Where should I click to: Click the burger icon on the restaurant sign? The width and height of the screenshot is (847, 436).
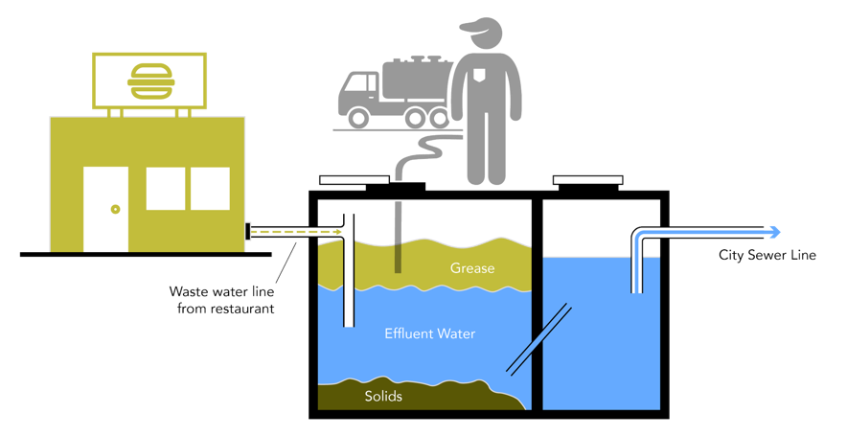[147, 79]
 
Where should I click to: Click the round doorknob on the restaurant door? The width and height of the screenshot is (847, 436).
[114, 208]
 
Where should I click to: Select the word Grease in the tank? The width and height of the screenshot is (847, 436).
[472, 268]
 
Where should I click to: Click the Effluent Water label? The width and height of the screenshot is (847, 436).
[429, 334]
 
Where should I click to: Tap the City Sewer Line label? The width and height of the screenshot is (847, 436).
[767, 255]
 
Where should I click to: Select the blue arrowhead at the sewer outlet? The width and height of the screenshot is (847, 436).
[774, 233]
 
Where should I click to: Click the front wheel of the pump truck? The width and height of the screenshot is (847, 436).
[358, 118]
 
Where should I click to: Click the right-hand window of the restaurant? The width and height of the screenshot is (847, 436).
[210, 189]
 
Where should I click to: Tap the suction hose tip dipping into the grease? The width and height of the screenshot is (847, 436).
[398, 259]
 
